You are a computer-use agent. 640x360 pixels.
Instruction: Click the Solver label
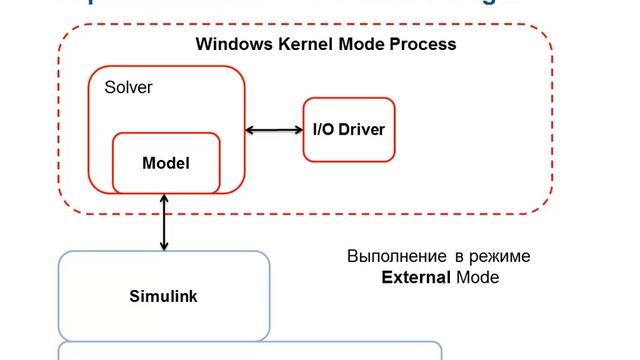click(x=128, y=88)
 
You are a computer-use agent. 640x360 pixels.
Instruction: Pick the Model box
click(x=165, y=162)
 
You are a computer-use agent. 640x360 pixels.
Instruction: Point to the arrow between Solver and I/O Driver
click(x=274, y=130)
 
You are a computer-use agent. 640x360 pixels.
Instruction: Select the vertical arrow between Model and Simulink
click(x=164, y=222)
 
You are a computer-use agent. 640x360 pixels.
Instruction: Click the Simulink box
click(x=164, y=296)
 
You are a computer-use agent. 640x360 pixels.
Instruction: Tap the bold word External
click(x=416, y=277)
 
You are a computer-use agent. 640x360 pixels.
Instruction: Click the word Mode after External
click(x=477, y=277)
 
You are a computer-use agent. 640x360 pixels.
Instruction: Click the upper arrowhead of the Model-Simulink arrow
click(x=164, y=199)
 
